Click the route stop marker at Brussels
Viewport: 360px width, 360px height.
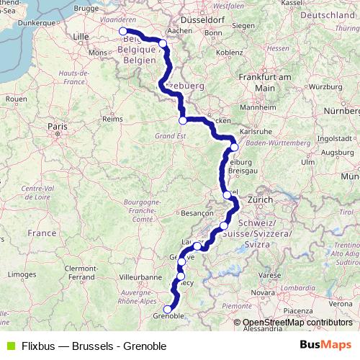pos(123,31)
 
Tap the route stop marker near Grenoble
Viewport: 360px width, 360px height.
pos(168,309)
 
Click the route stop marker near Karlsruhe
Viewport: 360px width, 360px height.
pos(233,147)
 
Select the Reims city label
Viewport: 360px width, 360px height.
pos(112,117)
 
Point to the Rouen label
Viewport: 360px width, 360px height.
pos(15,98)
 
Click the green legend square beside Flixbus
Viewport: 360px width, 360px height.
pos(10,346)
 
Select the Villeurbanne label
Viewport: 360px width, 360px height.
pos(140,276)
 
